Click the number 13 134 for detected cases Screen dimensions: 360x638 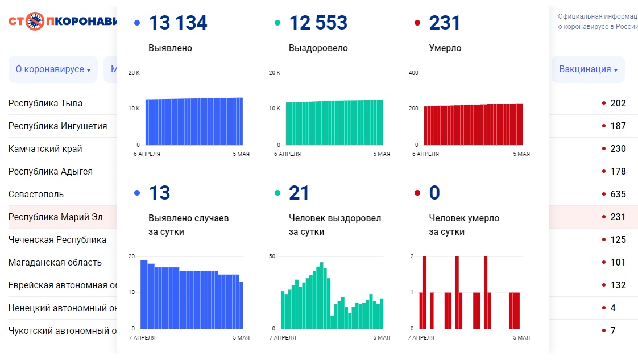[x=178, y=23]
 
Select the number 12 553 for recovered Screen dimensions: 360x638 [x=318, y=23]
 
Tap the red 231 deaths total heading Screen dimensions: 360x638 [x=445, y=23]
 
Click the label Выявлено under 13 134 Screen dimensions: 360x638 [x=170, y=48]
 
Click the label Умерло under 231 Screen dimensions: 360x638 [x=445, y=48]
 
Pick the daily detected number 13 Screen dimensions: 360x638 [x=159, y=193]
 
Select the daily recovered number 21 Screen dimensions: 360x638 [x=299, y=193]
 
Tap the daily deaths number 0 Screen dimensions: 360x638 [x=434, y=193]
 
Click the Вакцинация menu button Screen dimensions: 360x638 [x=588, y=69]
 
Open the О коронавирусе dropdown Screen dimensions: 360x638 [x=53, y=69]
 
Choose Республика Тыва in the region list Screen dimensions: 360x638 [x=45, y=104]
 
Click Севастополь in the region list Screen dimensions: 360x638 [x=36, y=195]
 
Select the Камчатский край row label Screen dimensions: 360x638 [x=45, y=149]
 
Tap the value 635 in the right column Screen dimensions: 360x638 [x=618, y=195]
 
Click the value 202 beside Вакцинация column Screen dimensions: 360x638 [x=618, y=104]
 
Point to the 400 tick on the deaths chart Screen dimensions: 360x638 [x=413, y=73]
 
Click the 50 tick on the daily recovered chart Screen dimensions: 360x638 [x=272, y=256]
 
